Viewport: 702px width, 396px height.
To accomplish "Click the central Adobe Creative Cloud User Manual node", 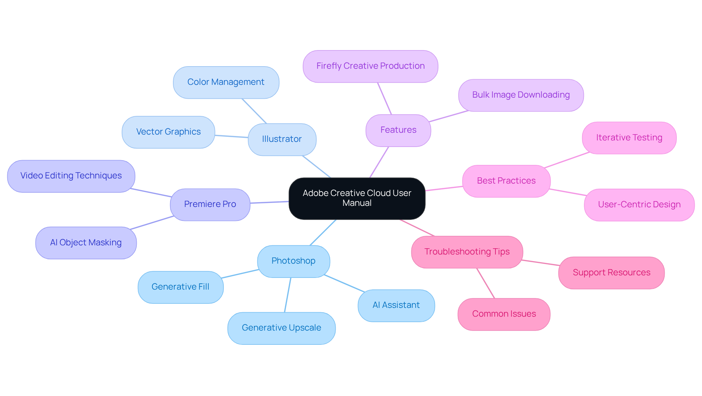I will click(x=357, y=198).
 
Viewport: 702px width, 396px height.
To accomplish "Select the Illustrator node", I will click(x=282, y=139).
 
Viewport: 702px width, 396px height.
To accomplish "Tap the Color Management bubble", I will click(x=226, y=82).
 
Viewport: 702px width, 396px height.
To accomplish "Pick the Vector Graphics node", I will click(x=168, y=132).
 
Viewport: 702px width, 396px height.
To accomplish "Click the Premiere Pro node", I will click(x=210, y=204).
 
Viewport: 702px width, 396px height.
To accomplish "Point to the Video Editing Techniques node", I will click(x=71, y=176).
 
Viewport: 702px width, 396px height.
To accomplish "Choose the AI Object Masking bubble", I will click(x=86, y=243).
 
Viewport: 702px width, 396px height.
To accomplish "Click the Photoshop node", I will click(x=293, y=261).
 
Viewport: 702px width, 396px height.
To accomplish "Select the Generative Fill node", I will click(x=180, y=287).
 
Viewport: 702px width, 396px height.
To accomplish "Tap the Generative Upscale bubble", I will click(x=281, y=328).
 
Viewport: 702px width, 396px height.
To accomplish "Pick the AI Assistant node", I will click(x=396, y=305).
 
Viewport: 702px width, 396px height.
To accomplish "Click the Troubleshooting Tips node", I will click(x=467, y=252).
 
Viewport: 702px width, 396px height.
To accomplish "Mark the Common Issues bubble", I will click(x=504, y=314).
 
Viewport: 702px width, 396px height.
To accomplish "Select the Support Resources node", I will click(x=611, y=273).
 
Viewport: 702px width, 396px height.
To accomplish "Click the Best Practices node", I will click(x=506, y=181).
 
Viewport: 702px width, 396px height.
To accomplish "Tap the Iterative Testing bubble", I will click(x=629, y=138).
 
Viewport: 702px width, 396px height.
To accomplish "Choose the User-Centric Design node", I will click(x=639, y=205).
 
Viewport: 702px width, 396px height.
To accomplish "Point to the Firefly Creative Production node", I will click(x=370, y=66).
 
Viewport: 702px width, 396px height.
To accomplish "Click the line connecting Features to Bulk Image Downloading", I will click(x=449, y=116).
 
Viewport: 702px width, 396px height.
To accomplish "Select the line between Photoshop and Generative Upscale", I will click(x=288, y=295).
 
